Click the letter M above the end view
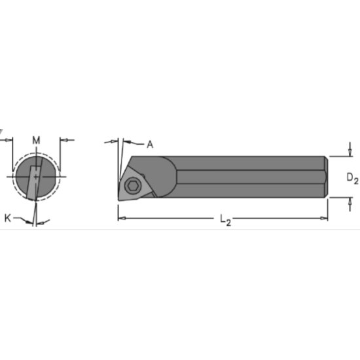point(36,139)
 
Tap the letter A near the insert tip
point(149,144)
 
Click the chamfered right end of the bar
point(325,177)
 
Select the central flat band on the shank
point(249,177)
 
